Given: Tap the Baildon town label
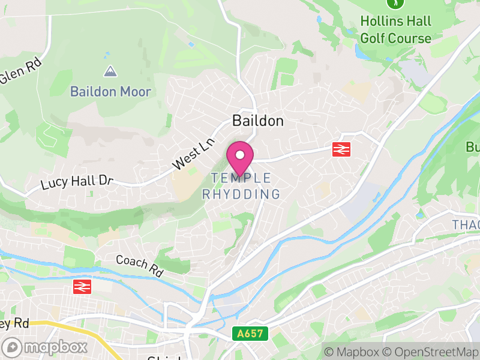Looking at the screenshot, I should coord(257,121).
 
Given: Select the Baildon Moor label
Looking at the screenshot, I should coord(110,92).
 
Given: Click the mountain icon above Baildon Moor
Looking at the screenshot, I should coord(110,72).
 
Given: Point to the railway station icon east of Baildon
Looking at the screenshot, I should coord(341,149).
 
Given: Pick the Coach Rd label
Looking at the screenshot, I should coord(139,265).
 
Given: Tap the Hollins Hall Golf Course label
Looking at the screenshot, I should coord(395,30).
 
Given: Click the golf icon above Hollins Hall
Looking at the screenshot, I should coord(395,3).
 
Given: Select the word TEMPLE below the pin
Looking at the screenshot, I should coord(241,178).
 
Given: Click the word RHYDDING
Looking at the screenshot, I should coord(241,194).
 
